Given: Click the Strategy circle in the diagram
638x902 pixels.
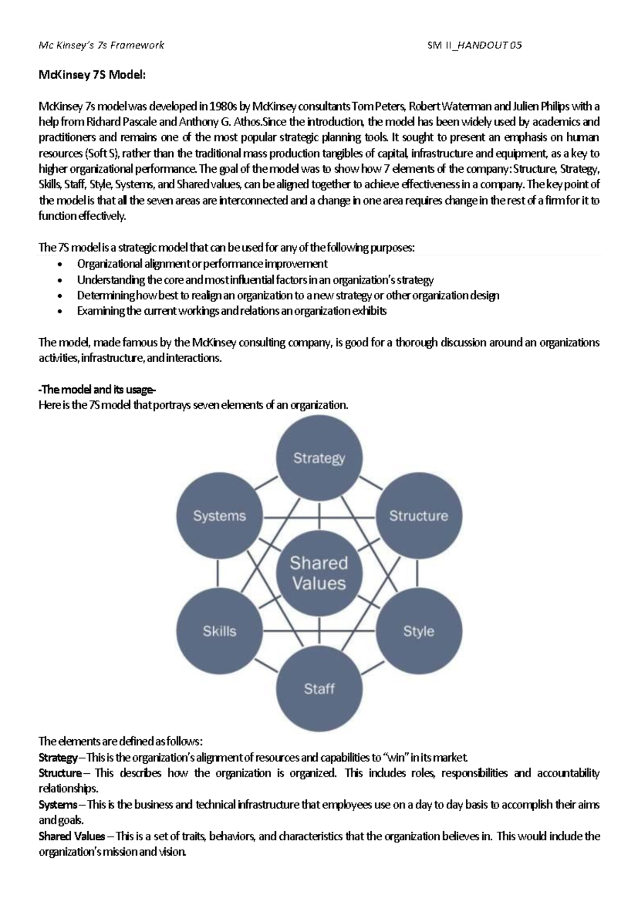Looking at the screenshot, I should tap(319, 458).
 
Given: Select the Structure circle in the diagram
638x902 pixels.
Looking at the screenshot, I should tap(418, 515).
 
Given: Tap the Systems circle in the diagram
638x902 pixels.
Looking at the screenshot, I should tap(219, 515).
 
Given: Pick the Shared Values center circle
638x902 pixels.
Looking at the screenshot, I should tap(319, 573).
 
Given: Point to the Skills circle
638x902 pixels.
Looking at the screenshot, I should tap(219, 631).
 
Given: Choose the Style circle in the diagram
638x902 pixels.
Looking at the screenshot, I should tap(418, 631).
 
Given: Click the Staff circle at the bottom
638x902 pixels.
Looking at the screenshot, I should tap(319, 689).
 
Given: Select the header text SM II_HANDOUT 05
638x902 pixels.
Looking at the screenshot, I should tap(475, 45).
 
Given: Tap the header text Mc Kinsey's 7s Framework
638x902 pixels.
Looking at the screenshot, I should tap(102, 45).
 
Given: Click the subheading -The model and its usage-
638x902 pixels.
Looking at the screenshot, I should tap(97, 390).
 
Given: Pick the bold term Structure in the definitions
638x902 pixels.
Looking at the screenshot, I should tap(60, 773).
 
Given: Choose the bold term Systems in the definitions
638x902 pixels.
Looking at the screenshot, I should tap(57, 805).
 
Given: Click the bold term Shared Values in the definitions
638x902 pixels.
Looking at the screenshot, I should tap(72, 836).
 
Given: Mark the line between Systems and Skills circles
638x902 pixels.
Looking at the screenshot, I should tap(218, 573).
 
